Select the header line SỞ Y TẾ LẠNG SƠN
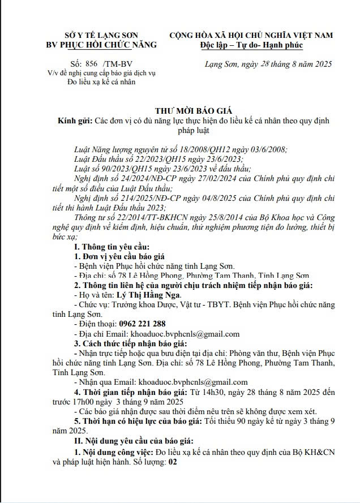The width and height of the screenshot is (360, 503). pos(101,35)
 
